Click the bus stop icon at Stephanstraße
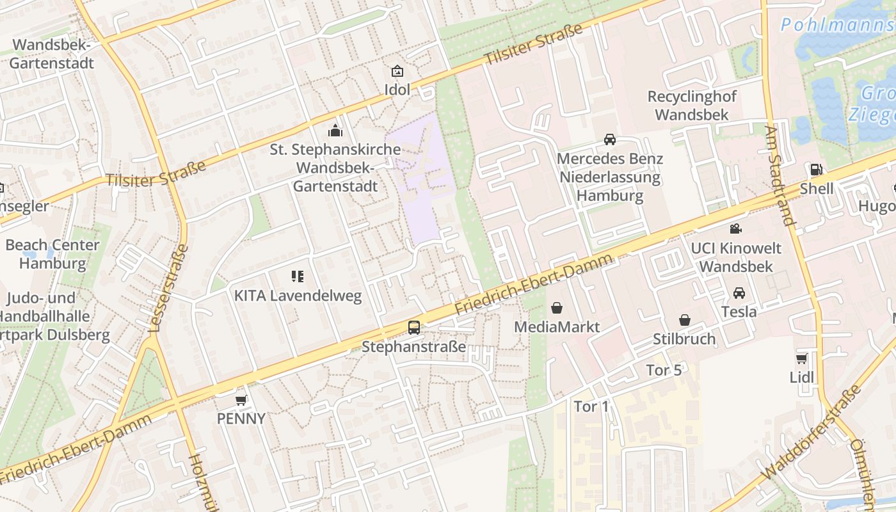414,328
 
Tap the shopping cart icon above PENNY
241,400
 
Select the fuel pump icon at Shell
816,170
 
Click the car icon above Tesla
739,293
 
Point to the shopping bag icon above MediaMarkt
557,308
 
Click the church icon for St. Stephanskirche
335,131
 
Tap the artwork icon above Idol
397,70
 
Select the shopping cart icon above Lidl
802,358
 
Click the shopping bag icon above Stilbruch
685,320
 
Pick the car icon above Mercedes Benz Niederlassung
610,140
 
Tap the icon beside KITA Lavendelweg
298,276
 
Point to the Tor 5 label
664,370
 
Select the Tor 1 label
591,406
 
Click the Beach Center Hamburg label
52,254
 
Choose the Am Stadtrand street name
780,175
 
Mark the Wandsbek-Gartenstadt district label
52,54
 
